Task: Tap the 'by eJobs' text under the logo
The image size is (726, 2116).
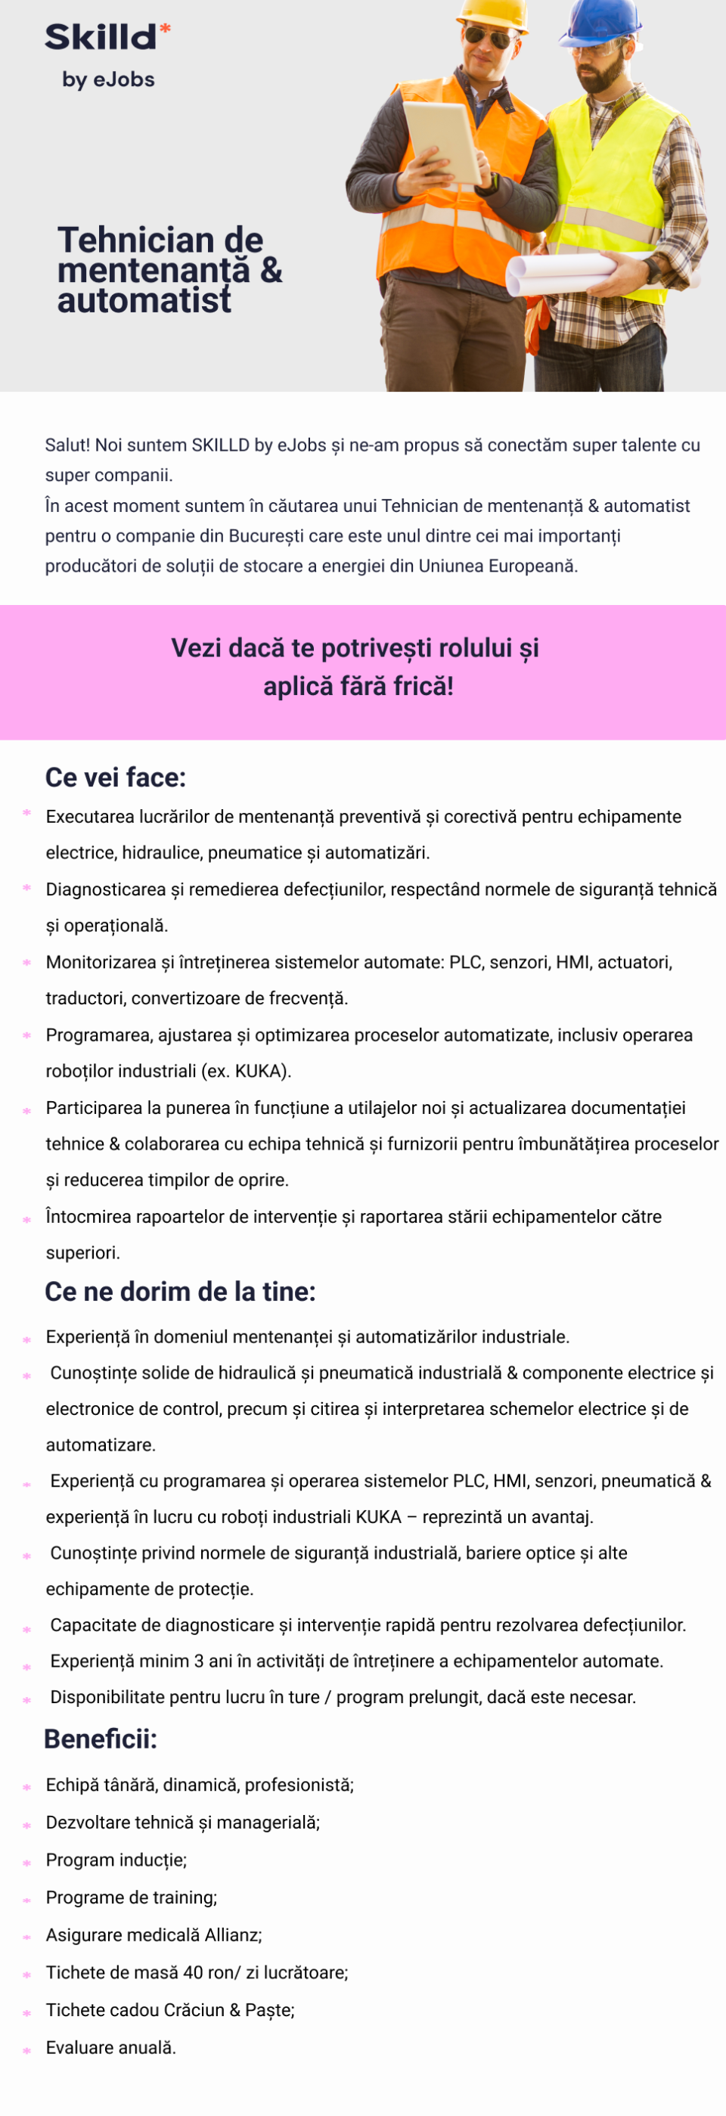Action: (108, 79)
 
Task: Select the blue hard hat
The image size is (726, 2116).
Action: (602, 20)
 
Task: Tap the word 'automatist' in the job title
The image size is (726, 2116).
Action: (144, 301)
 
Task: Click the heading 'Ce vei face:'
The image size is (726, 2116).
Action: (116, 777)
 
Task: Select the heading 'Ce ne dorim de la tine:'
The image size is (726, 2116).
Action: (180, 1291)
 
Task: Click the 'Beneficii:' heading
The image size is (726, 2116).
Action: (100, 1739)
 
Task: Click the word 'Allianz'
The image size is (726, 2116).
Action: (233, 1935)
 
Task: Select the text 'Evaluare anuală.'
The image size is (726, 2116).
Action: (111, 2048)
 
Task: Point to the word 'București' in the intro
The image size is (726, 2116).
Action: (267, 536)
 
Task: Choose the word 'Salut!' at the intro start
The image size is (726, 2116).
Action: (67, 445)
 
